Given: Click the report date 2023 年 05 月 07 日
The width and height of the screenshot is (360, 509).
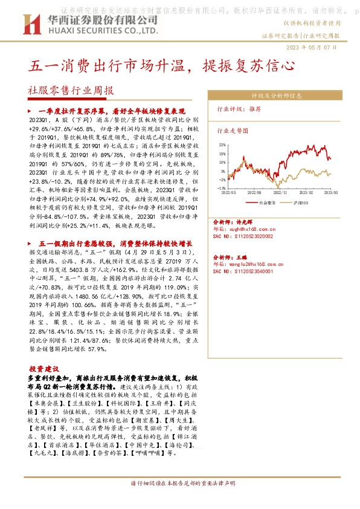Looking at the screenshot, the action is [x=328, y=47].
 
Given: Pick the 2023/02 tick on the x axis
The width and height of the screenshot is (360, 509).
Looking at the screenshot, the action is [x=307, y=192].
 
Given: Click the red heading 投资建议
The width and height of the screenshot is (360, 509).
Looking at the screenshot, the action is [x=44, y=368].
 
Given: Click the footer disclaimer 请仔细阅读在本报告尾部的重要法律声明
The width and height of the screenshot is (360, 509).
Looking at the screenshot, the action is [x=180, y=501].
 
